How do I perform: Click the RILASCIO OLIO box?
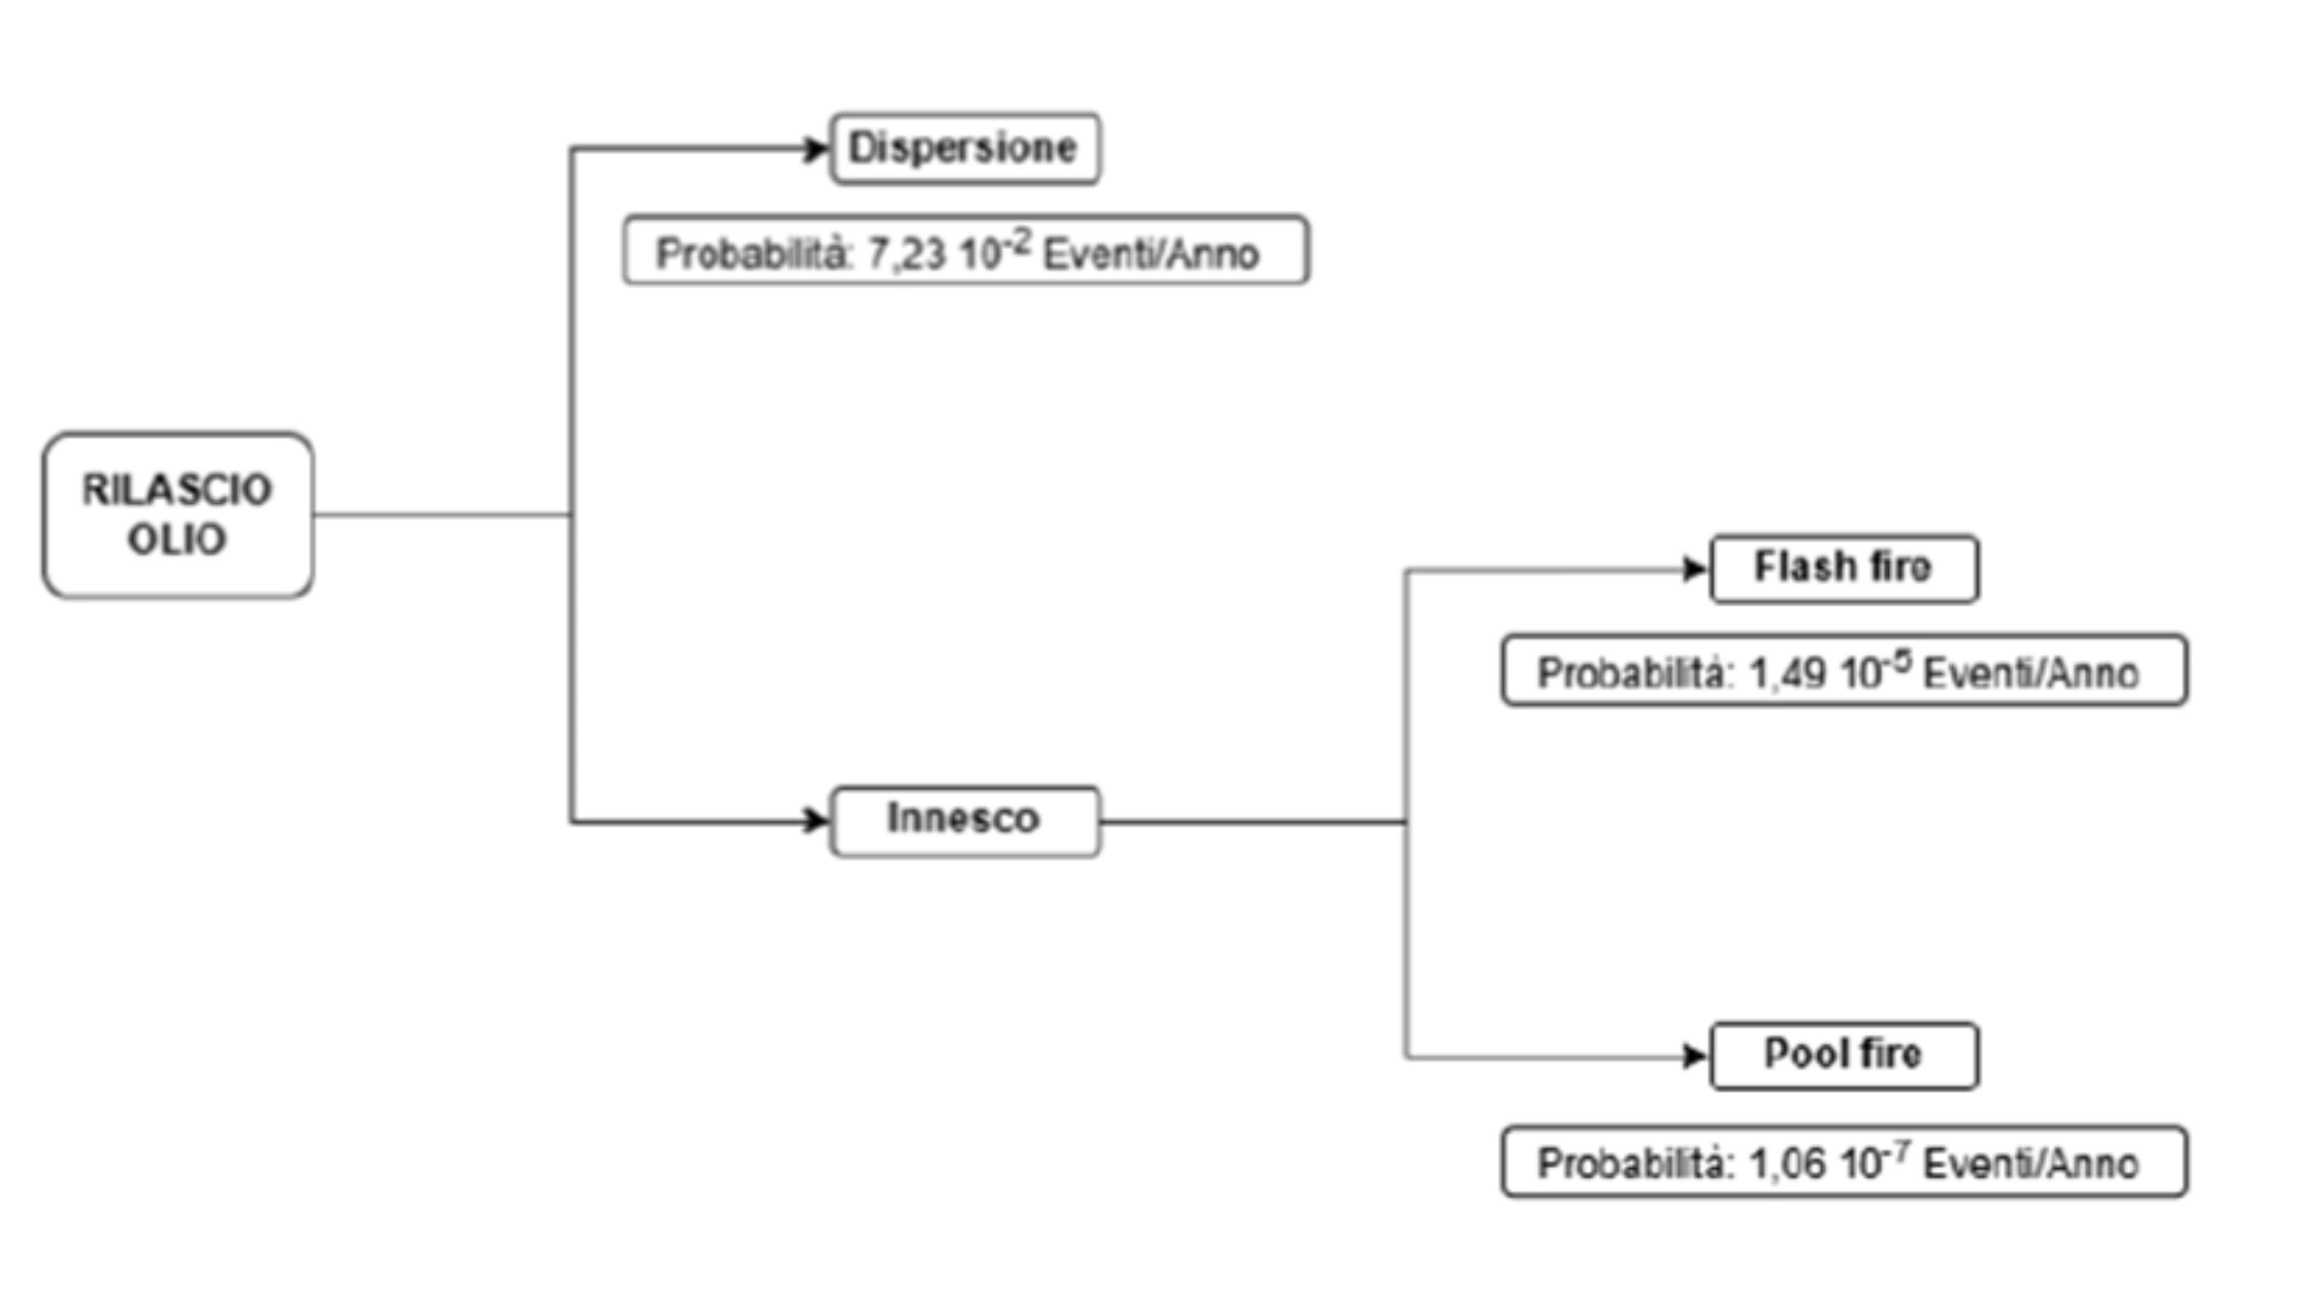click(177, 515)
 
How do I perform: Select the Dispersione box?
click(965, 148)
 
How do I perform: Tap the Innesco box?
click(965, 820)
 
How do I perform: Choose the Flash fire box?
click(1844, 568)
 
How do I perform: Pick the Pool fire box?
click(1844, 1055)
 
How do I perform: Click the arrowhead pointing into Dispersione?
click(817, 149)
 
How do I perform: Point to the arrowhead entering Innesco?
click(817, 822)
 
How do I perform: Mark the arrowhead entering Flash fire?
click(1694, 569)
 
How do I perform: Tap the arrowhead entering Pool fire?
click(1694, 1056)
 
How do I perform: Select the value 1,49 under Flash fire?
click(1787, 674)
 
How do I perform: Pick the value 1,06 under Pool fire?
click(1787, 1165)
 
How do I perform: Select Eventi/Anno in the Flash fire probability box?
click(2030, 674)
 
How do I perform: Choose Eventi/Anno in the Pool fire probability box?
click(2030, 1165)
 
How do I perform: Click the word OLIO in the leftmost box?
click(176, 540)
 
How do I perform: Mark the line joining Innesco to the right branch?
click(1254, 823)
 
